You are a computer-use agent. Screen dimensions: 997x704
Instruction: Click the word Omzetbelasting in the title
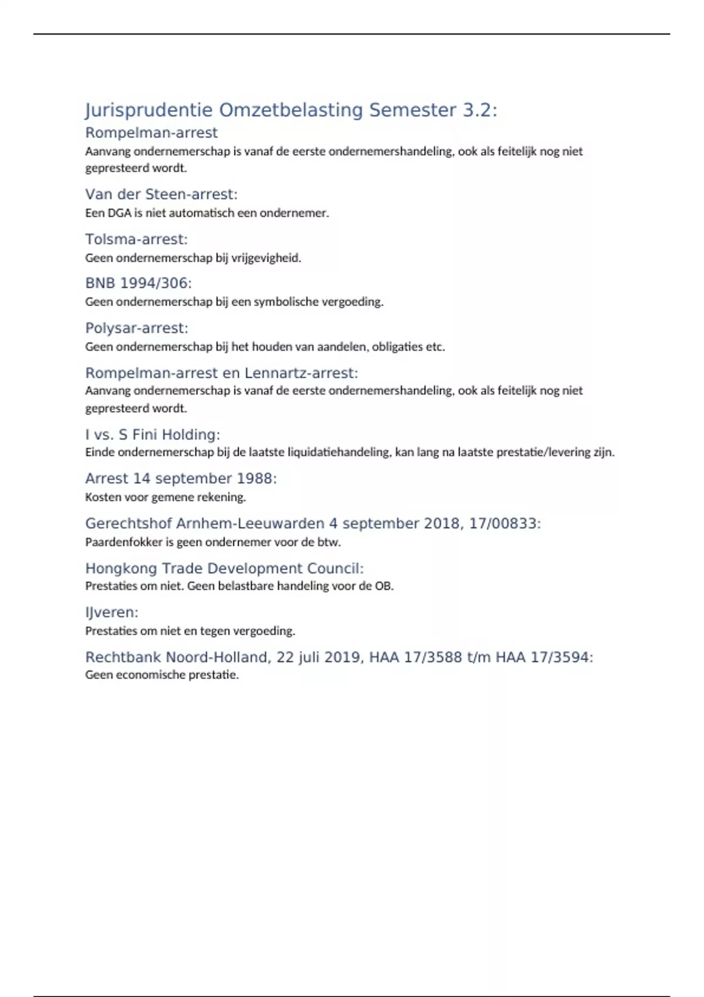[291, 110]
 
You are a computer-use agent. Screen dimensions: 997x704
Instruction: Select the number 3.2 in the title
[476, 110]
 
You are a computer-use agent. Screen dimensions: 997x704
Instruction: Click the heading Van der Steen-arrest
[161, 194]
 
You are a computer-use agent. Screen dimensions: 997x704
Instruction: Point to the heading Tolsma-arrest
[136, 239]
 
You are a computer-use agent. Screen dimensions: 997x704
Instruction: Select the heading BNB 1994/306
[138, 283]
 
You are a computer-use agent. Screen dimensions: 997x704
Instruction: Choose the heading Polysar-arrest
[136, 328]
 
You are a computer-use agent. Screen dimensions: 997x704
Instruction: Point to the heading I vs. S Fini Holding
[152, 435]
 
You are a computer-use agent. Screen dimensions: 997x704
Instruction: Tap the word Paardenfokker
[124, 542]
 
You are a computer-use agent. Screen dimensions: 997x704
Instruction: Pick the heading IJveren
[111, 612]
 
